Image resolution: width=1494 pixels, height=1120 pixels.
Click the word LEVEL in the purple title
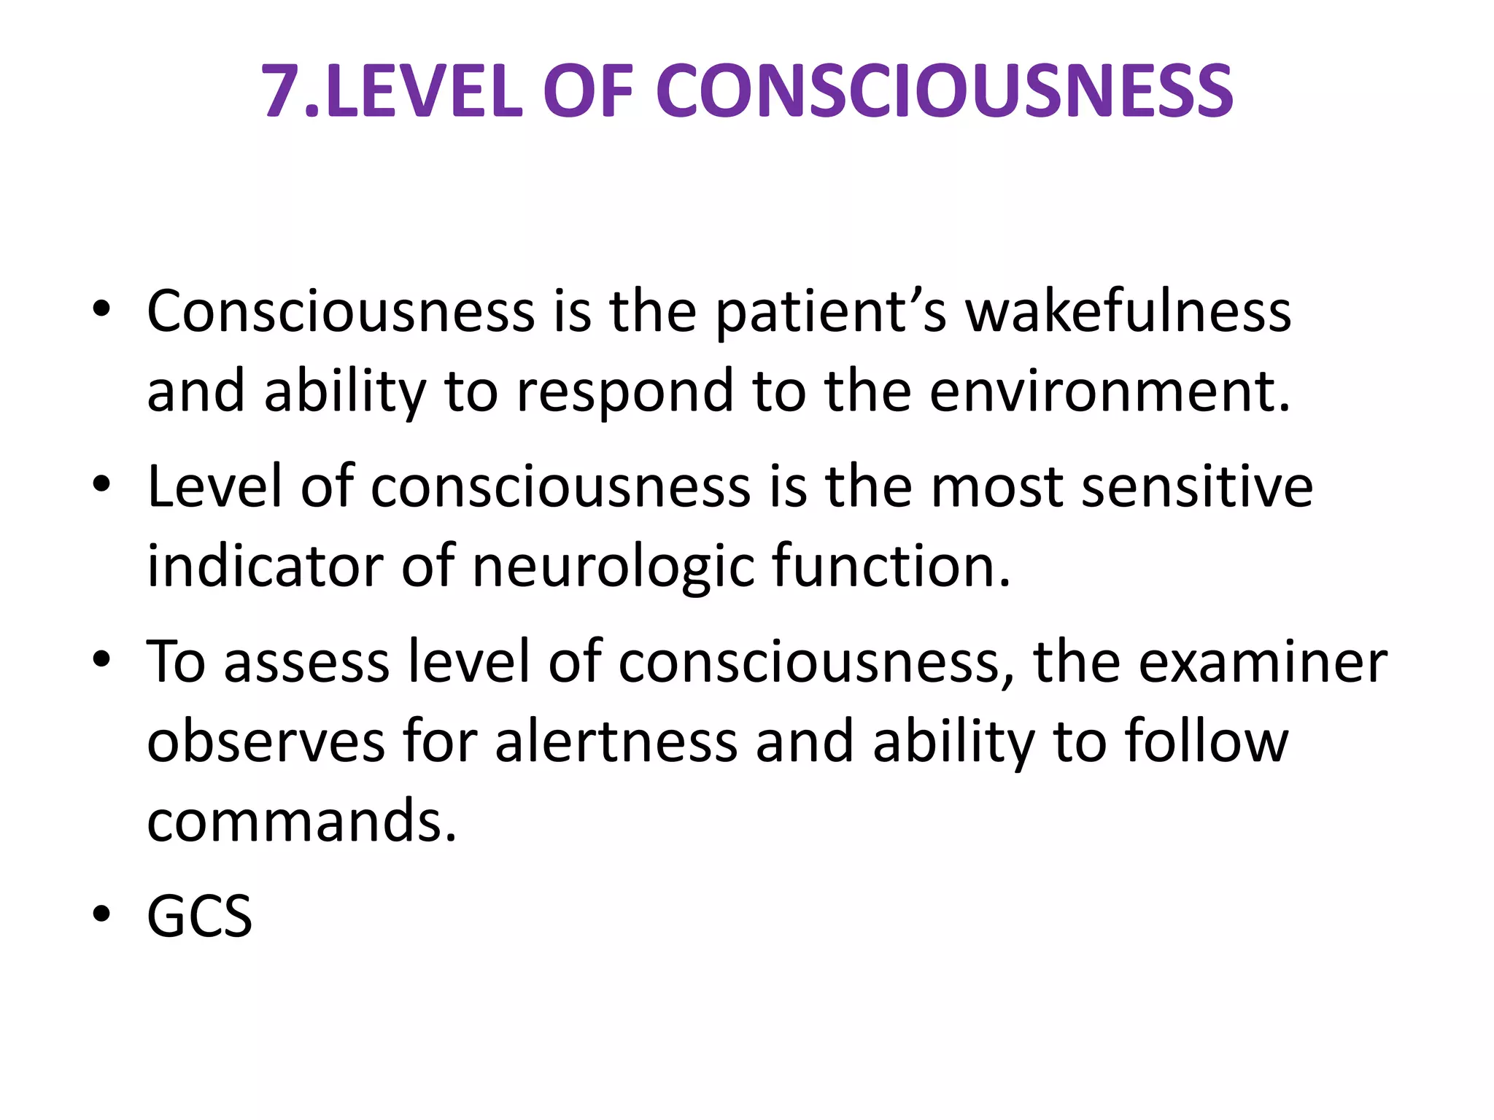point(424,92)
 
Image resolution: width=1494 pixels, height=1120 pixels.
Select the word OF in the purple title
point(588,92)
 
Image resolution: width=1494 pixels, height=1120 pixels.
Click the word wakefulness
point(1128,311)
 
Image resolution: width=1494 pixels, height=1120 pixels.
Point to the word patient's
point(831,311)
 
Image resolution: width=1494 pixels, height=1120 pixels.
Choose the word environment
point(1109,392)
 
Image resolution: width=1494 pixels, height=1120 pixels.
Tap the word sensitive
point(1197,486)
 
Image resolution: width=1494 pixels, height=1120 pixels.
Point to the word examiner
point(1262,662)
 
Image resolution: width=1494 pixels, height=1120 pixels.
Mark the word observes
point(266,742)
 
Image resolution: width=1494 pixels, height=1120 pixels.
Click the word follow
point(1207,742)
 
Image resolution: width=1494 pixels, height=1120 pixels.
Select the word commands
point(301,821)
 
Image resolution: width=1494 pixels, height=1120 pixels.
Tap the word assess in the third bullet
point(306,662)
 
